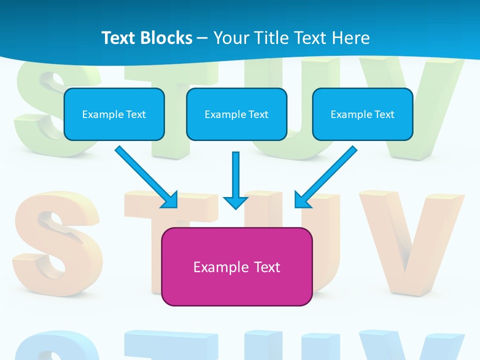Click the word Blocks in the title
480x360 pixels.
166,37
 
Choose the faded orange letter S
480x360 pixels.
55,240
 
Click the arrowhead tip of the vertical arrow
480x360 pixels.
235,207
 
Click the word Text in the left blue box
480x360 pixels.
136,114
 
